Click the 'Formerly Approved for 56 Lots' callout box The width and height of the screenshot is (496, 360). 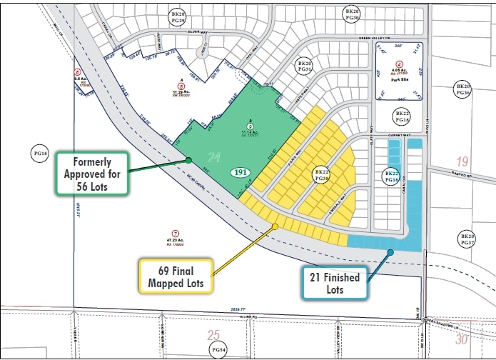click(91, 172)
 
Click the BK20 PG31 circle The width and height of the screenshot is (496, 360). click(305, 66)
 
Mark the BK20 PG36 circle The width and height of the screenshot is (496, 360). click(464, 89)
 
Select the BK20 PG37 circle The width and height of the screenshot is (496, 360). click(467, 240)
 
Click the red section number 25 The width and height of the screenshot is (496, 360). click(213, 334)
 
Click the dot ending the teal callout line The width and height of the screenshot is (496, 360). click(391, 251)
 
